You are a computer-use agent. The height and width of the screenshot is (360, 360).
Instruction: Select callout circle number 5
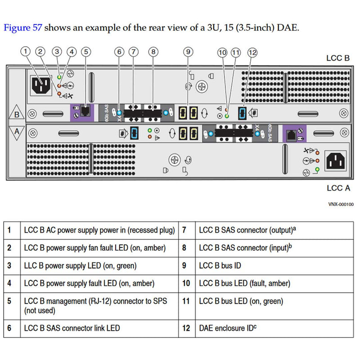[86, 51]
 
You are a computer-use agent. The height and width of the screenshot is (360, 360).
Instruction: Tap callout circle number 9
[189, 52]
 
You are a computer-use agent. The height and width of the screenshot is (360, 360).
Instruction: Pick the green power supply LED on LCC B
[59, 78]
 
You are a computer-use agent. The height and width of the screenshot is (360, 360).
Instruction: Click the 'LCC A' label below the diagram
[338, 188]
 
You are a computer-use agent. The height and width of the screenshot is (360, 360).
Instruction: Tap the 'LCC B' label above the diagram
[338, 58]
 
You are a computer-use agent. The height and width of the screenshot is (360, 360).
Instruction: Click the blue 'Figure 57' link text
[23, 27]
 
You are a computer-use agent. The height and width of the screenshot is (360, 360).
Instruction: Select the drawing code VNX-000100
[341, 204]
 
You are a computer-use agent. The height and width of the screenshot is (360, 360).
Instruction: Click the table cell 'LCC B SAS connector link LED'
[72, 328]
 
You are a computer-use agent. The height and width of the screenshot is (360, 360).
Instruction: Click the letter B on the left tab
[17, 114]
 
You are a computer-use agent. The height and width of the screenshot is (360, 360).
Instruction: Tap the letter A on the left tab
[17, 131]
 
